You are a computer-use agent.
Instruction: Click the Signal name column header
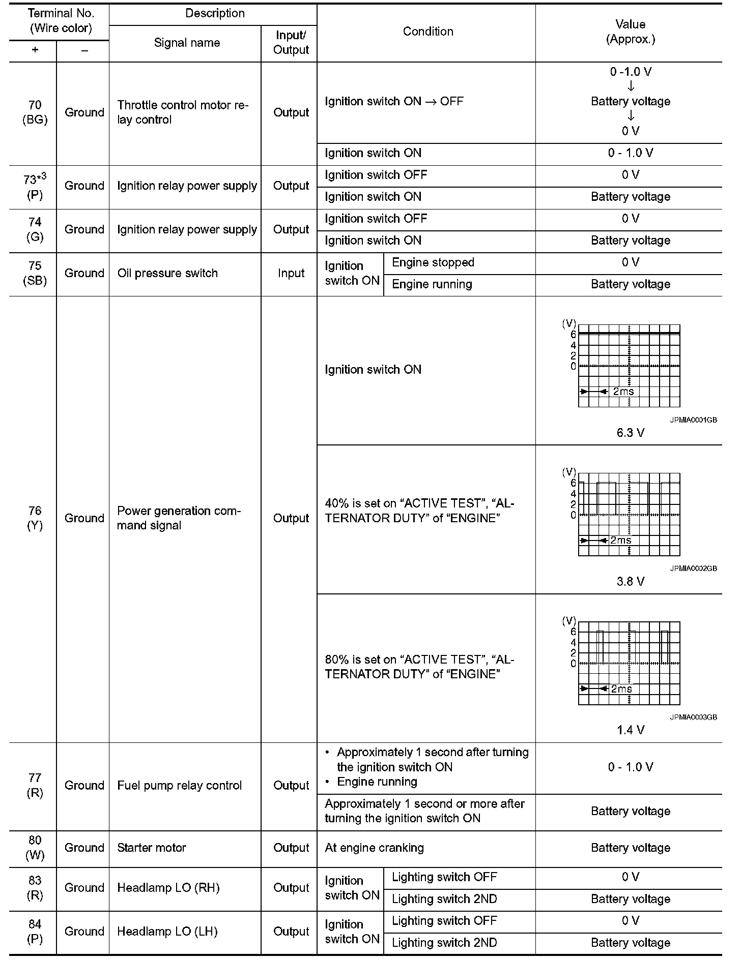coord(187,43)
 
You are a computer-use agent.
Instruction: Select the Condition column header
coord(427,32)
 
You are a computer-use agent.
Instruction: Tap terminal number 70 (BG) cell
coord(35,112)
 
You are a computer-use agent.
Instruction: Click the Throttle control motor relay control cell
coord(183,112)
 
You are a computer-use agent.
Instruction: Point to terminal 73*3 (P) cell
coord(35,187)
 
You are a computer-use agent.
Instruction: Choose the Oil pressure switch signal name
coord(167,273)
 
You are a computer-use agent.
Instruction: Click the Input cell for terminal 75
coord(291,273)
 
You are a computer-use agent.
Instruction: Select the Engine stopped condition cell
coord(433,262)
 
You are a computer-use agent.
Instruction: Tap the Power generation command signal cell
coord(178,518)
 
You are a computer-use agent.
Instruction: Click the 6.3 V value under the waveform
coord(630,433)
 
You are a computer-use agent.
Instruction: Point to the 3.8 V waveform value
coord(630,581)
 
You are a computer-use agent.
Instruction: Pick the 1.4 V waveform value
coord(630,730)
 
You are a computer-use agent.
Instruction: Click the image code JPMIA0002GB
coord(693,568)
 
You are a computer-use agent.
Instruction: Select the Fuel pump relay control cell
coord(179,786)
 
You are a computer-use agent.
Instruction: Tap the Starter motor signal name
coord(152,848)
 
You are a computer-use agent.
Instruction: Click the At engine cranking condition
coord(374,848)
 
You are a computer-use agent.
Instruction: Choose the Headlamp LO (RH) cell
coord(168,888)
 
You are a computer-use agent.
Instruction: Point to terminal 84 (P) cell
coord(35,932)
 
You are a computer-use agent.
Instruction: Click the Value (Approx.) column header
coord(630,32)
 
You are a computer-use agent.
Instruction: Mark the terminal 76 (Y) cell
coord(35,518)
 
